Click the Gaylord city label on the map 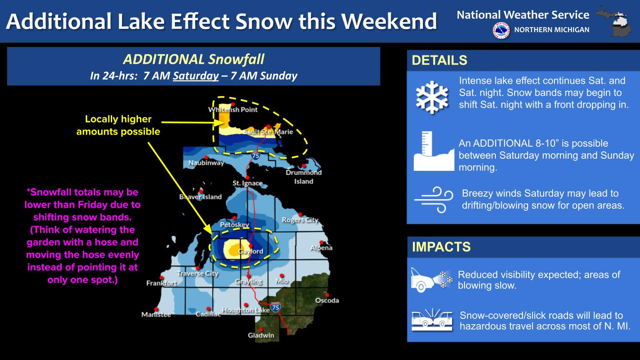click(250, 251)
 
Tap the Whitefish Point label click(233, 110)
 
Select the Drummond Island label click(304, 177)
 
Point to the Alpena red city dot click(321, 242)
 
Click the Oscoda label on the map click(327, 300)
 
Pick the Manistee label click(156, 315)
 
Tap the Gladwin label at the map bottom click(261, 335)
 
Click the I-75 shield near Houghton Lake click(275, 307)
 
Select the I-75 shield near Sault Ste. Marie click(255, 156)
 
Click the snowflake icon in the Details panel click(432, 97)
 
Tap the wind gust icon click(434, 200)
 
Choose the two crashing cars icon click(432, 320)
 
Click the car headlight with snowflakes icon click(432, 280)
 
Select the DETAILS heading click(440, 60)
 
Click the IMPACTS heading click(441, 247)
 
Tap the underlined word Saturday click(196, 76)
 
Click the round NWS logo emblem click(501, 30)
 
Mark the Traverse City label click(198, 274)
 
